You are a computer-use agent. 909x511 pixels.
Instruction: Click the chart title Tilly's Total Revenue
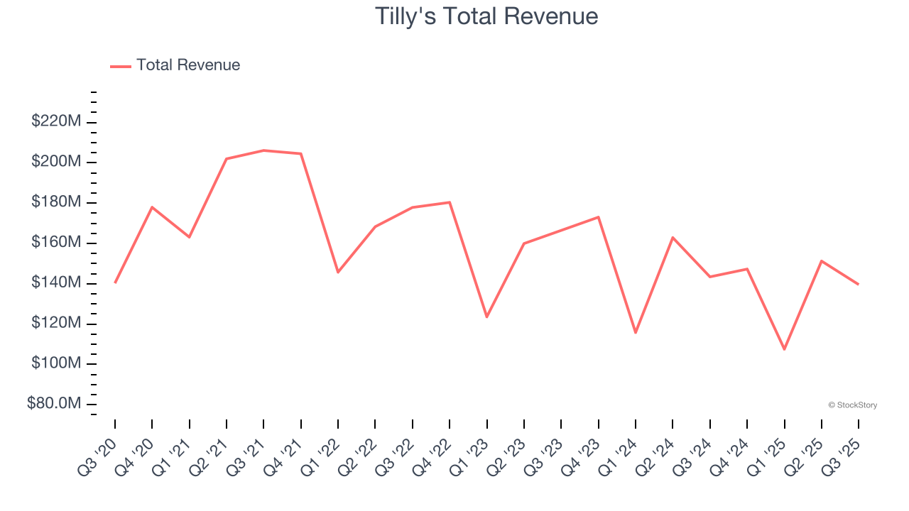coord(486,16)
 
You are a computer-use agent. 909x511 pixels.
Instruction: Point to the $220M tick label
coord(56,121)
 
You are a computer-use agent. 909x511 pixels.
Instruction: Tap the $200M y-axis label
coord(56,162)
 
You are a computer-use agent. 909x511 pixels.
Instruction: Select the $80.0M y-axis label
coord(54,404)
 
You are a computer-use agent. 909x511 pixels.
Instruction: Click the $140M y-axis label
coord(56,283)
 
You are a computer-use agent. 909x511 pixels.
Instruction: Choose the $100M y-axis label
coord(56,363)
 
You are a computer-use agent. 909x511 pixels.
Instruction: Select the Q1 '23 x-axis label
coord(471,446)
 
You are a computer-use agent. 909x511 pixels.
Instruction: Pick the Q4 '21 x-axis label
coord(285,446)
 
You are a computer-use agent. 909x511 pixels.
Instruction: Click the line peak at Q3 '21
coord(263,150)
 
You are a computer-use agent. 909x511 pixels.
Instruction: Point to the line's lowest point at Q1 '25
coord(784,349)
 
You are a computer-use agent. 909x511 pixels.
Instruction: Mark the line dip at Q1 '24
coord(636,333)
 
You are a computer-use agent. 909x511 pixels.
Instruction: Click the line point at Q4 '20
coord(152,207)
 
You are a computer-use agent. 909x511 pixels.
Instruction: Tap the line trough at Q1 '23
coord(486,317)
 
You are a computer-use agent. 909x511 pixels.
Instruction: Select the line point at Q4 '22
coord(450,202)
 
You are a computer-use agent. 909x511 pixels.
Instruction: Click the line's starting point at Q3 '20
coord(115,282)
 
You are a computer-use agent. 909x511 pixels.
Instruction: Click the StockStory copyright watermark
coord(852,405)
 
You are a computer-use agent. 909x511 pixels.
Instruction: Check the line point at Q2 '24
coord(673,237)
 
